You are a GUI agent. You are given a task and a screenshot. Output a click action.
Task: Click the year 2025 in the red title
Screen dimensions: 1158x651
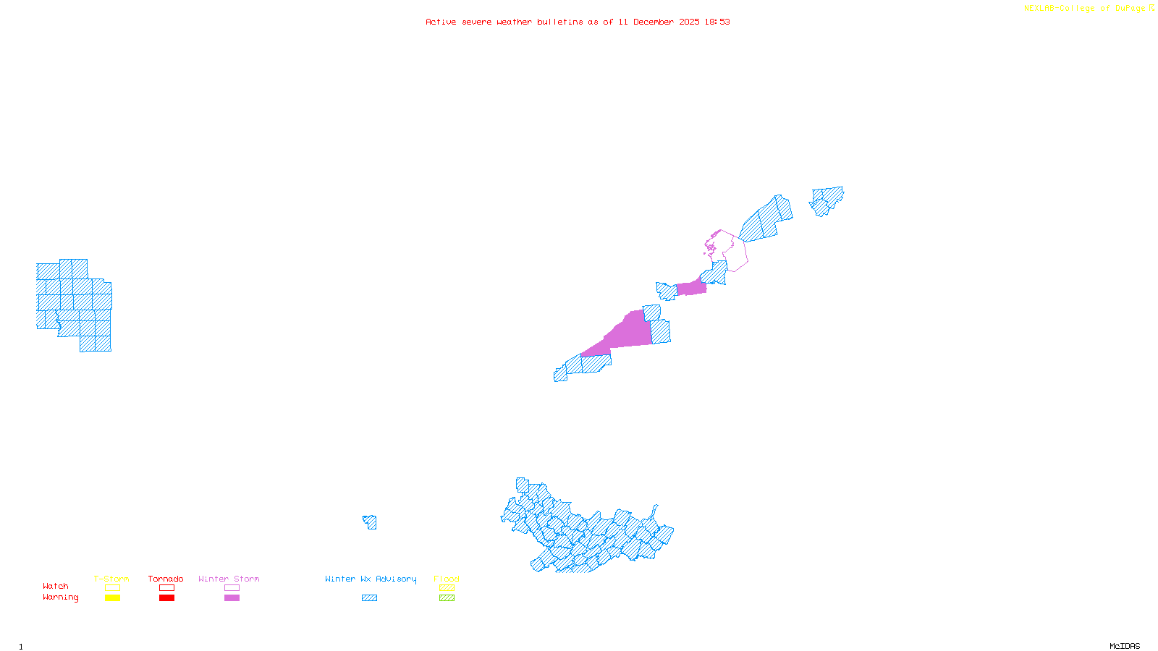click(689, 22)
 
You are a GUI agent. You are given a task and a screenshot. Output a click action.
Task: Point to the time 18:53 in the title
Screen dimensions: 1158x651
click(717, 22)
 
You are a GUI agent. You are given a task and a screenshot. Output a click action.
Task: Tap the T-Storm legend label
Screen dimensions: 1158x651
click(111, 579)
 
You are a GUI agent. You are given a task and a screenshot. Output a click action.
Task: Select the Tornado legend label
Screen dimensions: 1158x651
click(166, 579)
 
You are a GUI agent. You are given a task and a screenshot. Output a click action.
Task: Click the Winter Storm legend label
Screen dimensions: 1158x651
click(229, 579)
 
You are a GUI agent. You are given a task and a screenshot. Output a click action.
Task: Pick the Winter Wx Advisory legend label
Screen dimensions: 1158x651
click(371, 579)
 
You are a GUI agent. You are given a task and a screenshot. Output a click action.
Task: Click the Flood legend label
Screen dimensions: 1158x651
click(447, 579)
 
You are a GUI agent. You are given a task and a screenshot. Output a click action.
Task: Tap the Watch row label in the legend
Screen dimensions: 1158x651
click(56, 587)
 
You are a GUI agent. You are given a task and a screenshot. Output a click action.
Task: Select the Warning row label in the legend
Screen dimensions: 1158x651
click(61, 597)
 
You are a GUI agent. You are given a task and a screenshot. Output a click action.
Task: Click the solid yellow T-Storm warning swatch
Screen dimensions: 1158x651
click(112, 598)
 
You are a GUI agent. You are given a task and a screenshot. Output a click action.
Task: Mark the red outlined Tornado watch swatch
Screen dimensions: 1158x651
click(166, 588)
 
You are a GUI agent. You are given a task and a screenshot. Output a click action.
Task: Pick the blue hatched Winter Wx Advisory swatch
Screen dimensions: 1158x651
click(369, 598)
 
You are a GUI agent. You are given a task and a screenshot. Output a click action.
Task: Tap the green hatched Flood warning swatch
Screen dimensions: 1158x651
click(447, 598)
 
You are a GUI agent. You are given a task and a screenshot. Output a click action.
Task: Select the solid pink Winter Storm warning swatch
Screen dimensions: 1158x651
click(232, 598)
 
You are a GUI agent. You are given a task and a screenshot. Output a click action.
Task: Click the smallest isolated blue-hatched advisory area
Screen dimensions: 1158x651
click(370, 522)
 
